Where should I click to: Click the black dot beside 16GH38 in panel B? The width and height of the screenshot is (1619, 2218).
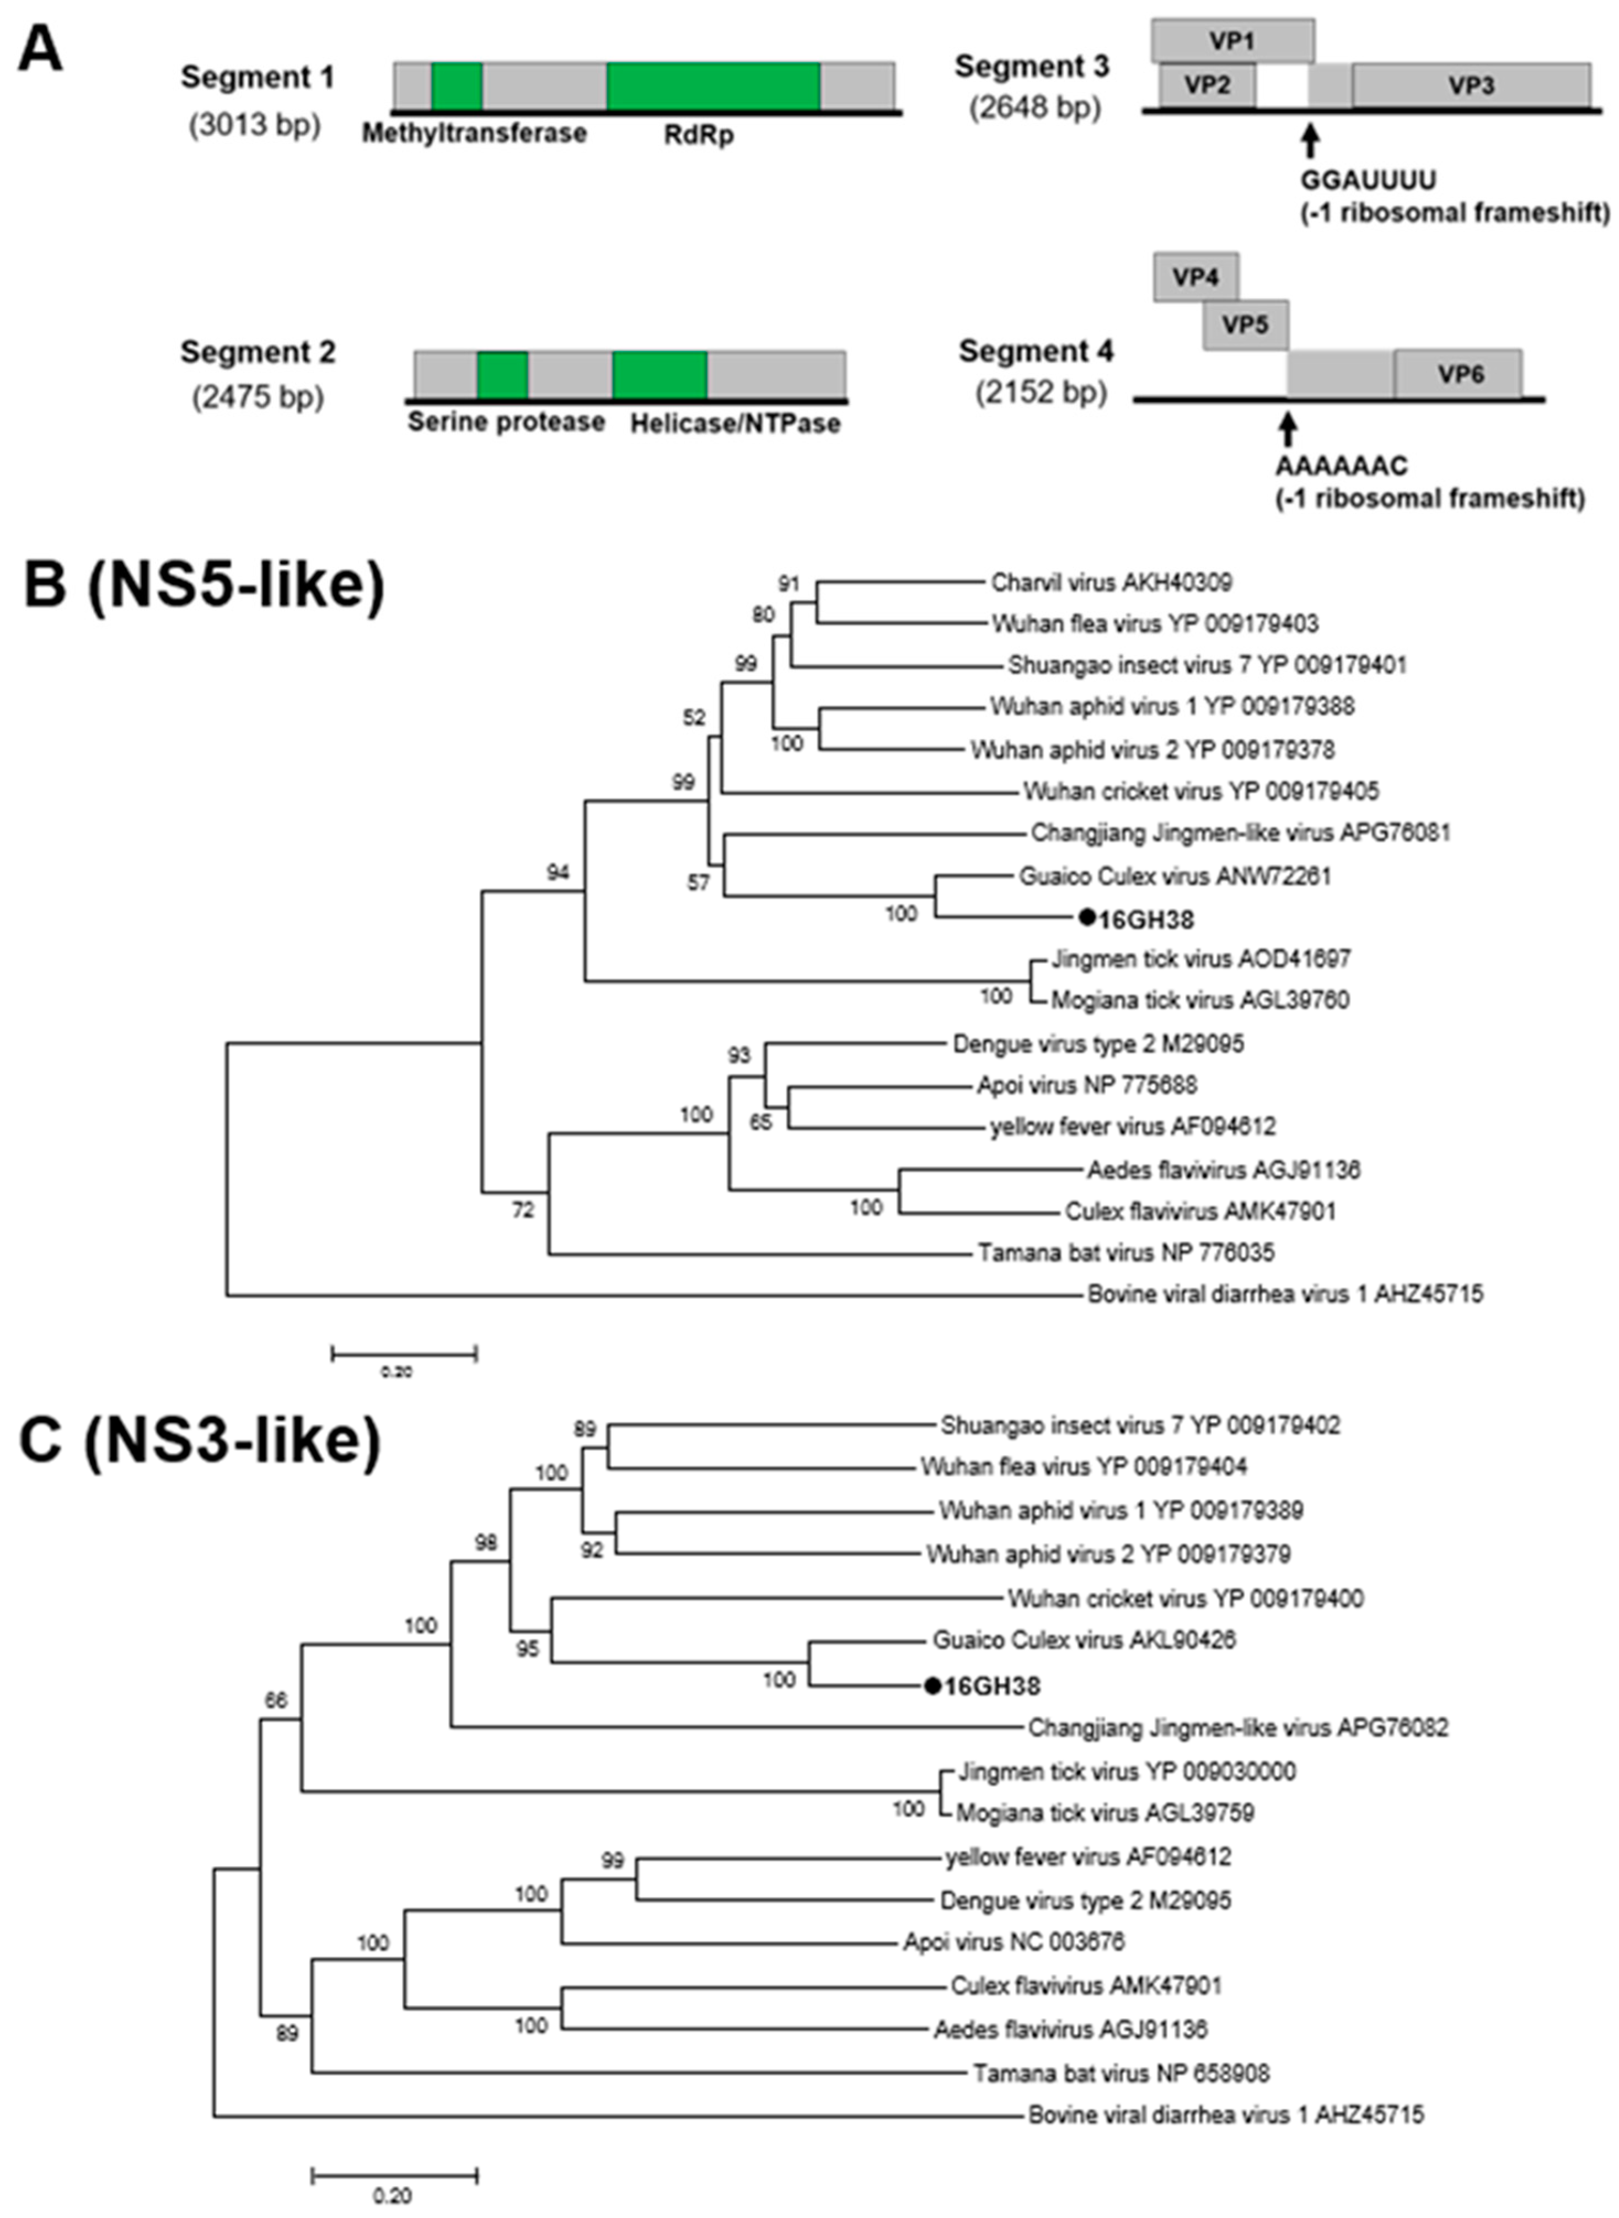tap(1086, 918)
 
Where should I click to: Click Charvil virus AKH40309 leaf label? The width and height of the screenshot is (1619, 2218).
tap(1111, 583)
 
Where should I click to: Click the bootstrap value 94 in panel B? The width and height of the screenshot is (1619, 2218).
tap(557, 872)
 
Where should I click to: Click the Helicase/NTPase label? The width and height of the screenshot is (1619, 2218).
tap(735, 423)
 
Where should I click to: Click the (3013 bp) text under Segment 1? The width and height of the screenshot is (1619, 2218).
tap(255, 125)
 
